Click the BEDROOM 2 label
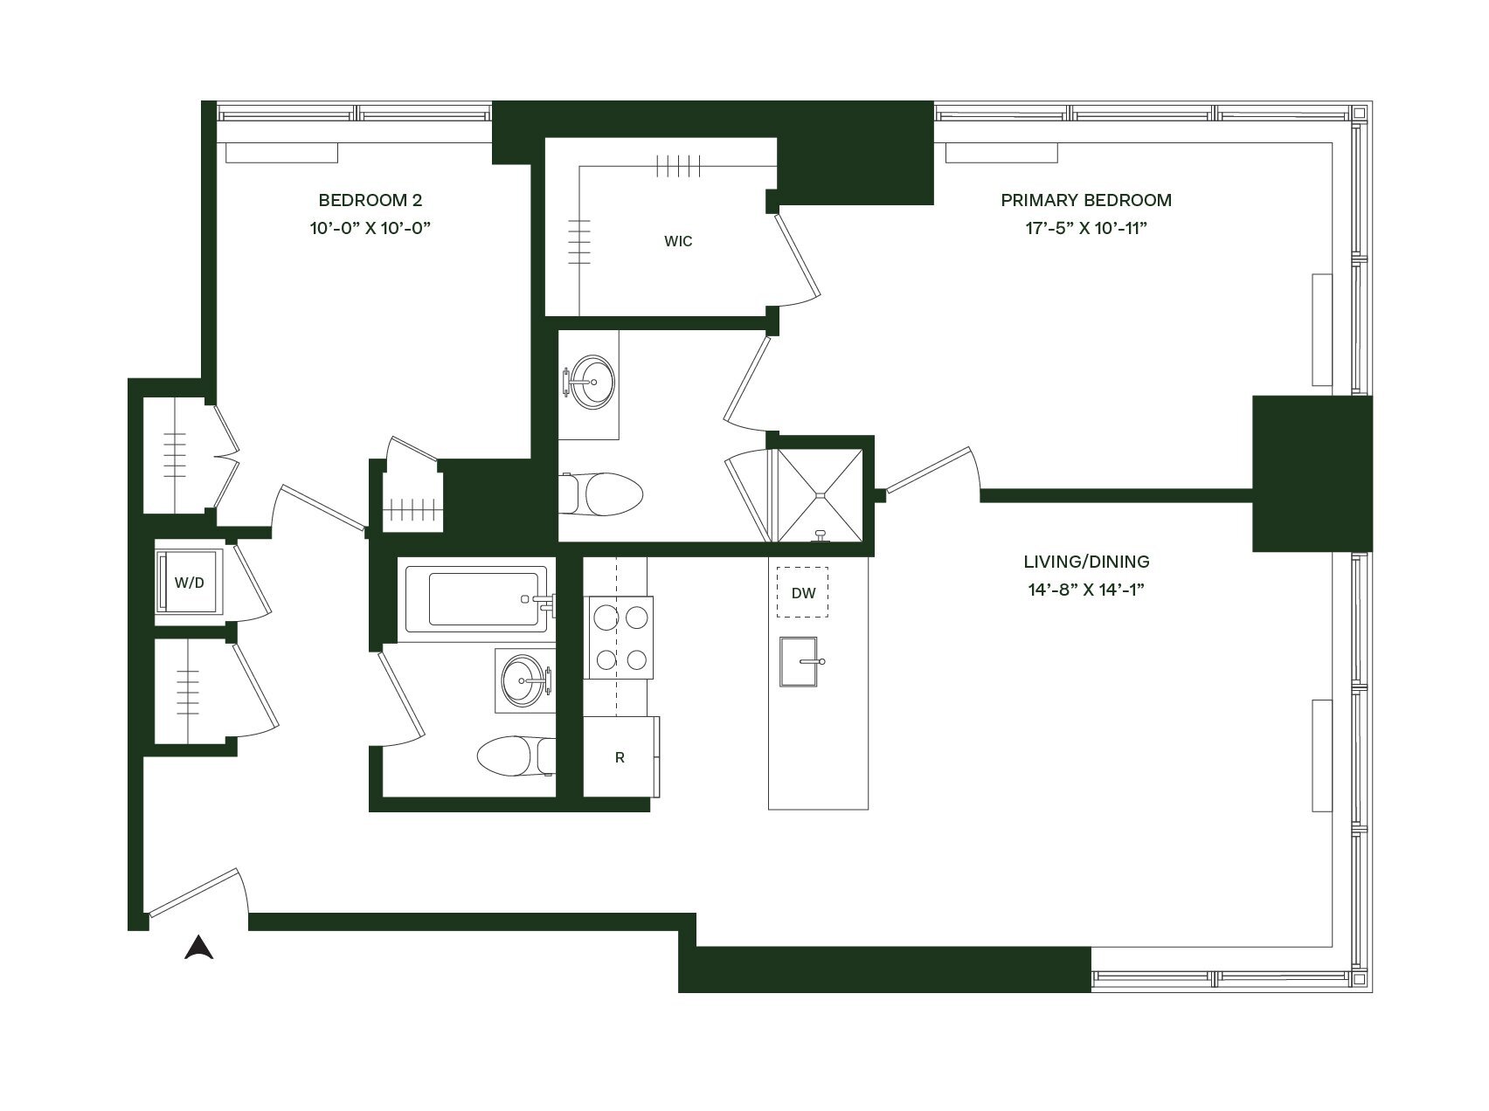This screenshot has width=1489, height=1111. pyautogui.click(x=370, y=200)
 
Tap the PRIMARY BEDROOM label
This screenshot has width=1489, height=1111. pyautogui.click(x=1085, y=200)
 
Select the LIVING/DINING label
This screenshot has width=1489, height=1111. pyautogui.click(x=1086, y=562)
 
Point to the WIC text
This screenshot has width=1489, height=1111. pyautogui.click(x=678, y=241)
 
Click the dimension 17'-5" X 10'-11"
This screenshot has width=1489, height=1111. pyautogui.click(x=1085, y=228)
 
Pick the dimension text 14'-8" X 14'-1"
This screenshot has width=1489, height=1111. pyautogui.click(x=1086, y=590)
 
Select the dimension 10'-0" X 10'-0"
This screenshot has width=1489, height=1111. pyautogui.click(x=370, y=228)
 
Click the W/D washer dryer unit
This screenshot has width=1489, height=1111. pyautogui.click(x=189, y=583)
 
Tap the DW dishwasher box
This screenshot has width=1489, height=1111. pyautogui.click(x=803, y=593)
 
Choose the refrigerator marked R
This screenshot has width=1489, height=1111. pyautogui.click(x=620, y=756)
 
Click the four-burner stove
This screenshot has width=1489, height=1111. pyautogui.click(x=620, y=637)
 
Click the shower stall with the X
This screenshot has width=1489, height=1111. pyautogui.click(x=820, y=495)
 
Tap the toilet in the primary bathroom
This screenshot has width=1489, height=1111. pyautogui.click(x=605, y=494)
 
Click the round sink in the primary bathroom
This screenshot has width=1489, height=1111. pyautogui.click(x=592, y=382)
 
